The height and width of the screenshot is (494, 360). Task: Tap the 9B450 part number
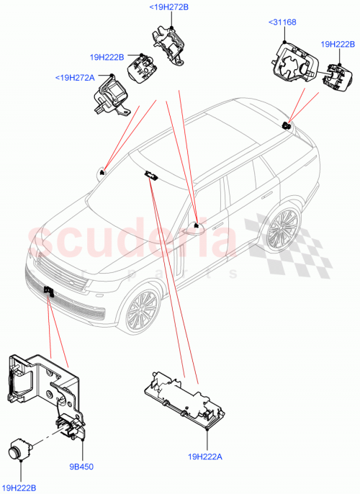81,466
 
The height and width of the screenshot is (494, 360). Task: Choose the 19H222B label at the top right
338,45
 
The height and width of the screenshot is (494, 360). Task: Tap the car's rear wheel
281,230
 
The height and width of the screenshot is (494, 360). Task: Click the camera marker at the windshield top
150,174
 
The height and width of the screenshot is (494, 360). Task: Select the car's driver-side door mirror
195,228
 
